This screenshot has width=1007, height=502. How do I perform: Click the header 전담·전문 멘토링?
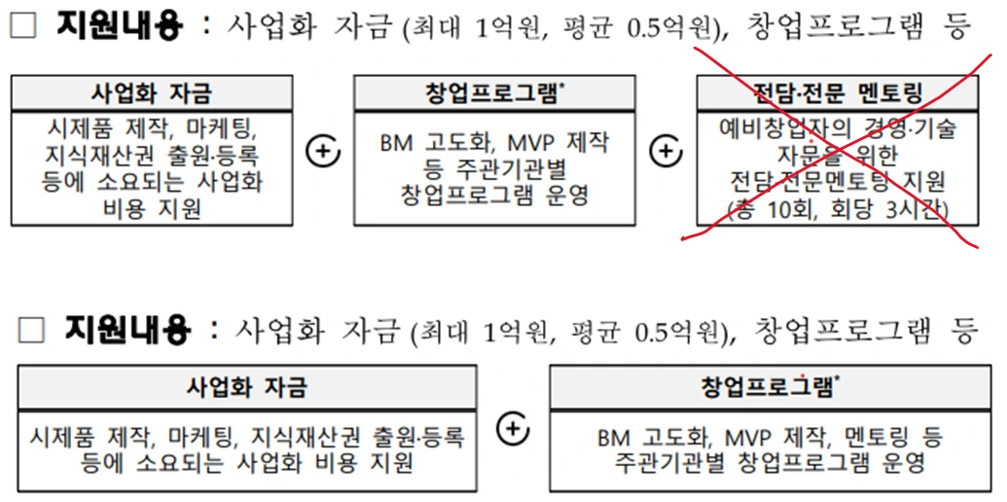coord(838,94)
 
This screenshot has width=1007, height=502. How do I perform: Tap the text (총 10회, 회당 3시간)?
coord(838,208)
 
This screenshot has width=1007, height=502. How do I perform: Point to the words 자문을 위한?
coord(838,154)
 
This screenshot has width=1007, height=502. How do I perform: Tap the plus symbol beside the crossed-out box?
coord(665,153)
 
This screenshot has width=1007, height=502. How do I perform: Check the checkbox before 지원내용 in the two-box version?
coord(31,332)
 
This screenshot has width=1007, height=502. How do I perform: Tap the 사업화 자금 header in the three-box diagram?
coord(152,93)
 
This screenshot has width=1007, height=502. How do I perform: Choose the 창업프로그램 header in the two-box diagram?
coord(771,386)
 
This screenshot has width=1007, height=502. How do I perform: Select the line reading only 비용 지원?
coord(152,208)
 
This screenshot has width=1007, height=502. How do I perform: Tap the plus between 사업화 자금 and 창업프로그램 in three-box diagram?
coord(323,153)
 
